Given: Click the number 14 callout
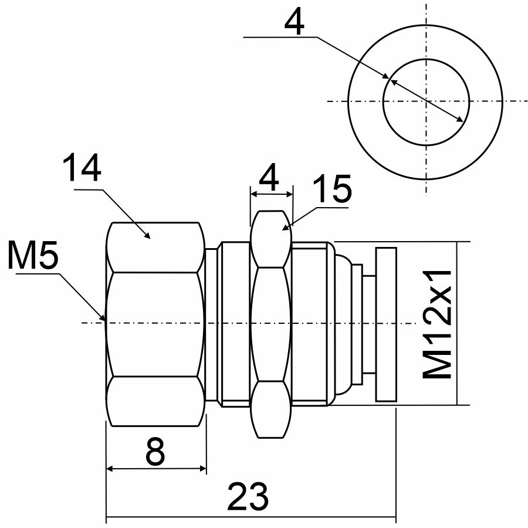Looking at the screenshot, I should pyautogui.click(x=82, y=168).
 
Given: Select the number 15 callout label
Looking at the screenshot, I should pyautogui.click(x=331, y=189).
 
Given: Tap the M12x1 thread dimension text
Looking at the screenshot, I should pyautogui.click(x=438, y=324).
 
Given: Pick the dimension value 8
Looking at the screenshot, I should pyautogui.click(x=155, y=452).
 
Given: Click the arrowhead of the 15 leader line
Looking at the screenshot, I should pyautogui.click(x=287, y=226).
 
